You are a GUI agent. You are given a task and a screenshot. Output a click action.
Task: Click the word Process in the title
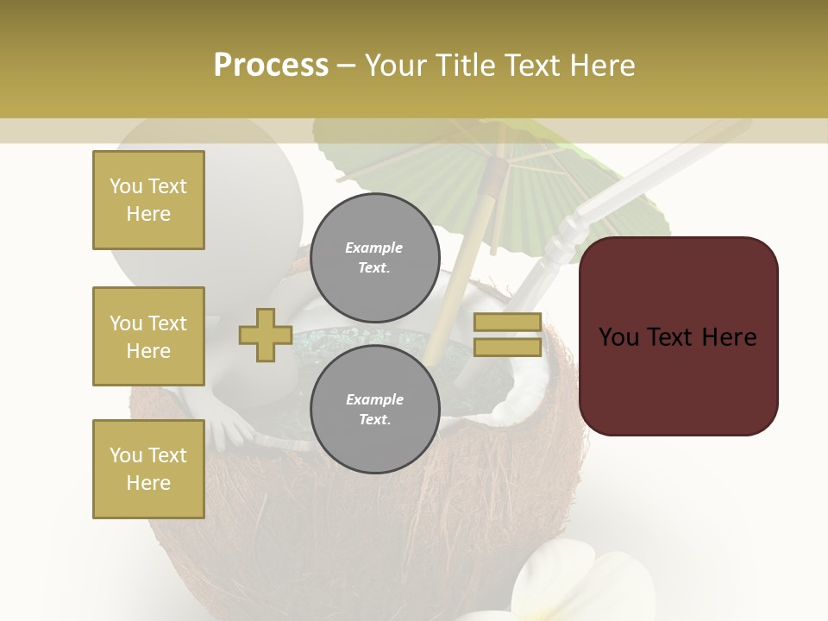point(271,66)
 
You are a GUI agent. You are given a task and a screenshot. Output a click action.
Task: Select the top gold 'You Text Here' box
point(148,200)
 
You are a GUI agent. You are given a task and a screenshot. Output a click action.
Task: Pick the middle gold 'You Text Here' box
point(148,336)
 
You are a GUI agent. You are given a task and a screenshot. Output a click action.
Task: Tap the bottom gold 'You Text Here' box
point(148,468)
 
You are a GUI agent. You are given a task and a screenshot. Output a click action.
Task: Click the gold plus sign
point(266,335)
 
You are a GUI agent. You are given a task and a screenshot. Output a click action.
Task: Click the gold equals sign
point(507,335)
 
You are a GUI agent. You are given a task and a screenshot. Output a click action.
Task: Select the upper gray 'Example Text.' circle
point(374,257)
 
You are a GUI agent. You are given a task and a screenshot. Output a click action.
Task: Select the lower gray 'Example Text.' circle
point(374,409)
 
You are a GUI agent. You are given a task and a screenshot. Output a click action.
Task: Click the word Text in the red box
point(677,336)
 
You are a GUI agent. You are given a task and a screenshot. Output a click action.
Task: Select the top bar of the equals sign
point(507,323)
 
